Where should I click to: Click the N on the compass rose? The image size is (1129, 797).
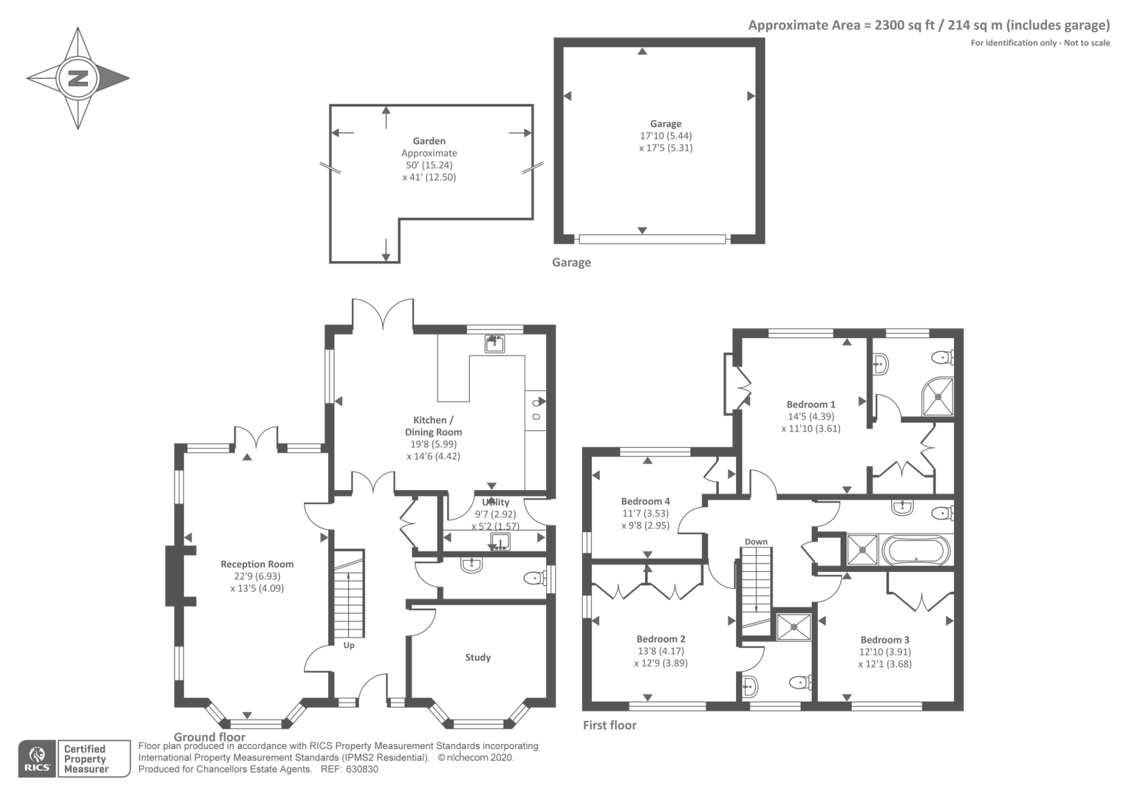click(78, 78)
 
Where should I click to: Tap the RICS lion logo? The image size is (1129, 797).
click(37, 758)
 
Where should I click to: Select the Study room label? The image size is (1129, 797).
click(478, 657)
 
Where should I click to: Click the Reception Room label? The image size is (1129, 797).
click(257, 564)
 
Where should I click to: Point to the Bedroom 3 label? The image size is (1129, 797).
click(885, 640)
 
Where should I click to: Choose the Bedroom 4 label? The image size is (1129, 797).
click(645, 501)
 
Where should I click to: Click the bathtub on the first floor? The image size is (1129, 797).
click(917, 550)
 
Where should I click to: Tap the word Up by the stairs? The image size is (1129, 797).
click(349, 645)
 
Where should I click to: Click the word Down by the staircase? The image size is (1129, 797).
click(756, 542)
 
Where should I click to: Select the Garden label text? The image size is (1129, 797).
click(429, 141)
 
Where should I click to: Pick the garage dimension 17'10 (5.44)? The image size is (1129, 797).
click(666, 135)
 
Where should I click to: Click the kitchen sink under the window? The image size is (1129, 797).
click(495, 343)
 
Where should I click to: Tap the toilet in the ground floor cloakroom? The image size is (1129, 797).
click(535, 578)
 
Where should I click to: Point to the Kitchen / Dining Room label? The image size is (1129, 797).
click(433, 426)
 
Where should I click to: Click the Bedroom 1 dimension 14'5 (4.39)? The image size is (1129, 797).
click(811, 417)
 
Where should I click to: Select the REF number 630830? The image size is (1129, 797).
click(362, 769)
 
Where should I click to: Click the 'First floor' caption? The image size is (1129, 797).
click(610, 725)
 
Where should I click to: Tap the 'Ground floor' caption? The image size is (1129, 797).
click(210, 737)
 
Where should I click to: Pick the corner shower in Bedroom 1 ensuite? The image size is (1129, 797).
click(938, 396)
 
